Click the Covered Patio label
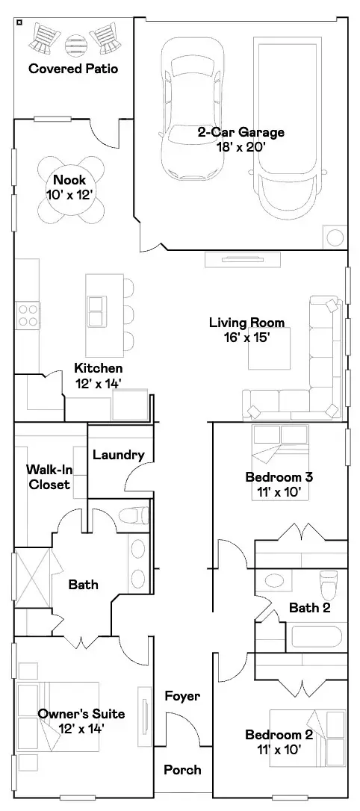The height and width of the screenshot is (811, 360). click(x=73, y=68)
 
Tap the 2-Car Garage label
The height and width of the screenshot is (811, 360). click(x=240, y=132)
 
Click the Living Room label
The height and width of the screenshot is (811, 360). click(x=246, y=323)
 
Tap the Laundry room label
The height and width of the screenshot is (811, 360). click(x=119, y=455)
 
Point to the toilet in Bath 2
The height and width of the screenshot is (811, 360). click(x=328, y=584)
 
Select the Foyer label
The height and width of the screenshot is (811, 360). click(x=182, y=696)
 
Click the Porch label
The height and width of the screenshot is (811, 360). click(x=182, y=770)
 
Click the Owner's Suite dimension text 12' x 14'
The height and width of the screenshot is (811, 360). click(x=81, y=729)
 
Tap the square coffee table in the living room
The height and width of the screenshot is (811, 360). click(x=269, y=348)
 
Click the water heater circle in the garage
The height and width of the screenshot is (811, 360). click(x=335, y=237)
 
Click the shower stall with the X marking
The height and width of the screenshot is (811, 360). click(x=32, y=578)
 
